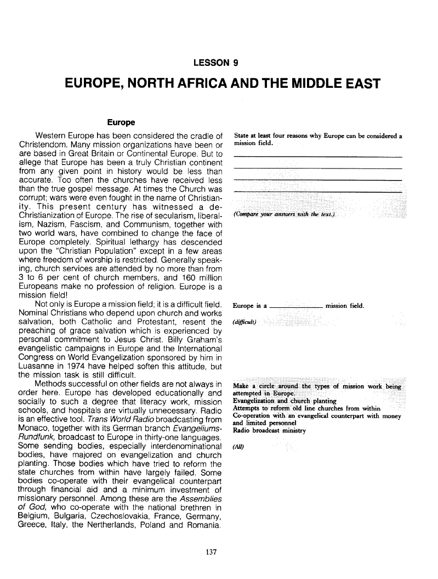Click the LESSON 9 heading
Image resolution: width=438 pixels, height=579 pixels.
(x=218, y=63)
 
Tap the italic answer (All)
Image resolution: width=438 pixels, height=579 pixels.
(x=240, y=446)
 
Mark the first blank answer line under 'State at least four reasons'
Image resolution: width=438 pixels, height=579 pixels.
(x=317, y=157)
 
